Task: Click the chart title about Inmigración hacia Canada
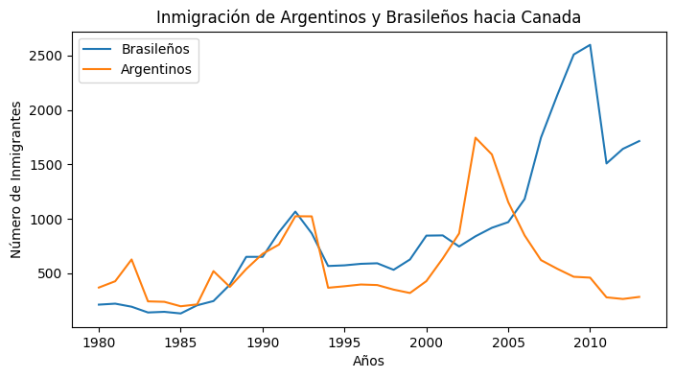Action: tap(368, 17)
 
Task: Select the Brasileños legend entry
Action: tap(149, 49)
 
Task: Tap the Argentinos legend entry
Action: tap(149, 69)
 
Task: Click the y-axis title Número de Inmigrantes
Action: tap(17, 179)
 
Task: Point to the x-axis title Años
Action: tap(369, 362)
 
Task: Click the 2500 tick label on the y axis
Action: tap(45, 56)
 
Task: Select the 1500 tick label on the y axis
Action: tap(45, 165)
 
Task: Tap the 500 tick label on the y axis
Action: tap(49, 273)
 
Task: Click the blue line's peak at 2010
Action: tap(590, 45)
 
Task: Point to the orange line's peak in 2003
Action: tap(476, 137)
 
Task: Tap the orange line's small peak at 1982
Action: tap(131, 259)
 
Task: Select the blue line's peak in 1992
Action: tap(295, 211)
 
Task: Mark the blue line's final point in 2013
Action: tap(639, 141)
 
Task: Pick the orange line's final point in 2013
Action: tap(639, 296)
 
